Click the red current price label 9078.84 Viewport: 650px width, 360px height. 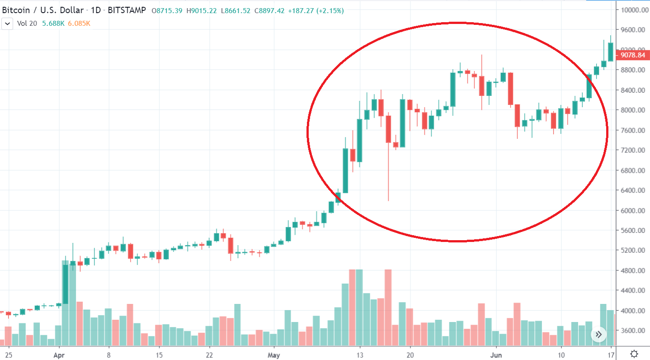(x=632, y=55)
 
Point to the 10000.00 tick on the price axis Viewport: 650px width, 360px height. (x=633, y=10)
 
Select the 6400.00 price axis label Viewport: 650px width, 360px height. (x=633, y=190)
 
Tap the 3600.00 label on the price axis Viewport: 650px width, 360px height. (x=633, y=331)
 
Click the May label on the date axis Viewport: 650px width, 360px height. (x=273, y=355)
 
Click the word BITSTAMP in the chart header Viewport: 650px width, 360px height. (x=127, y=10)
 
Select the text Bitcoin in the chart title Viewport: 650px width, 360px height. (x=17, y=10)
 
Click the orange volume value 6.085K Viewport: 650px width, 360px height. (x=79, y=23)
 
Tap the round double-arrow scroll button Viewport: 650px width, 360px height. (x=598, y=335)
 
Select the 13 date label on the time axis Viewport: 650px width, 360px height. (x=360, y=355)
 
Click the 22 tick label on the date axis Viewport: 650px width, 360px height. (x=209, y=355)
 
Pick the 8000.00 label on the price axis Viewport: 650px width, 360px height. (x=633, y=110)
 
